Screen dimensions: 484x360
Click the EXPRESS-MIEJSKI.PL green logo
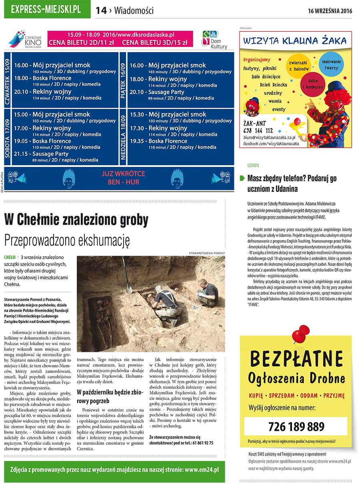click(47, 10)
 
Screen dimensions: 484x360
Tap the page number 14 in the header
click(101, 11)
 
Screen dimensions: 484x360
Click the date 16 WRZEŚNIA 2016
click(330, 11)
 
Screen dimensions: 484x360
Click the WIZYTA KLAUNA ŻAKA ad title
click(295, 41)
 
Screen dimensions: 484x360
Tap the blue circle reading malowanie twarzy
click(331, 65)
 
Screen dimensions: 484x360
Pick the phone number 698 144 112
click(258, 130)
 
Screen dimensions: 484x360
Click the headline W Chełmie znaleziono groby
click(76, 220)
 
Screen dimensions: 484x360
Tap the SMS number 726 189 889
click(296, 426)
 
